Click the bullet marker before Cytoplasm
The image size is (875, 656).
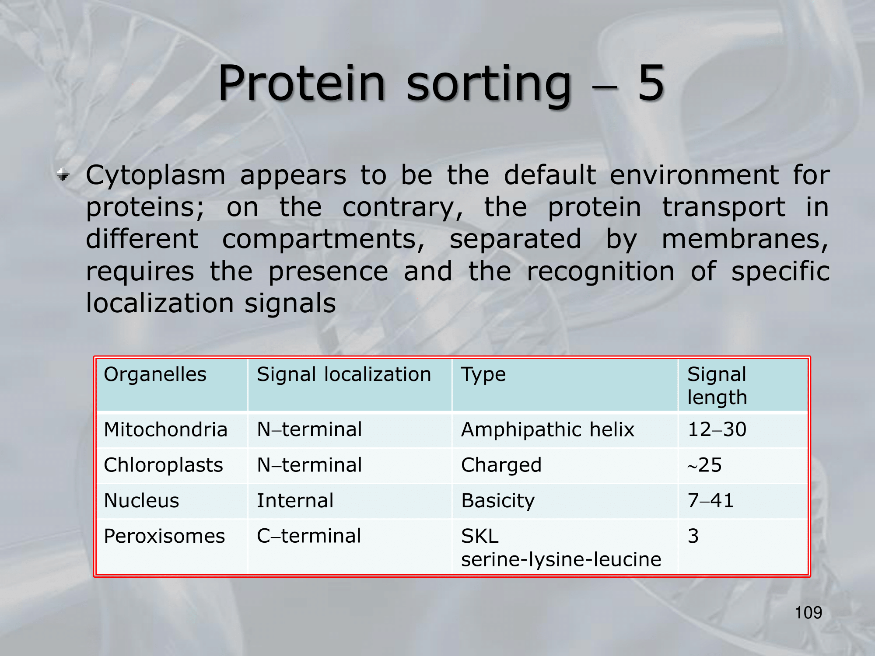63,175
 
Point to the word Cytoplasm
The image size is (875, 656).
156,176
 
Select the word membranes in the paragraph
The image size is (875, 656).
745,240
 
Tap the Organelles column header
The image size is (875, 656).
155,374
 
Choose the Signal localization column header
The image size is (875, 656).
344,375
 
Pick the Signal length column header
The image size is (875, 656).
717,386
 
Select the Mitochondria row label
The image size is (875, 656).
166,429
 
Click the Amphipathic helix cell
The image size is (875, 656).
548,430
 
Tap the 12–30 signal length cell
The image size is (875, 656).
717,429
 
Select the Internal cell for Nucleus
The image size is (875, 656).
295,501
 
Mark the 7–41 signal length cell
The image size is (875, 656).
710,500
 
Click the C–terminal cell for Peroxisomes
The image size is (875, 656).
309,536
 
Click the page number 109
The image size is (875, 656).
808,613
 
